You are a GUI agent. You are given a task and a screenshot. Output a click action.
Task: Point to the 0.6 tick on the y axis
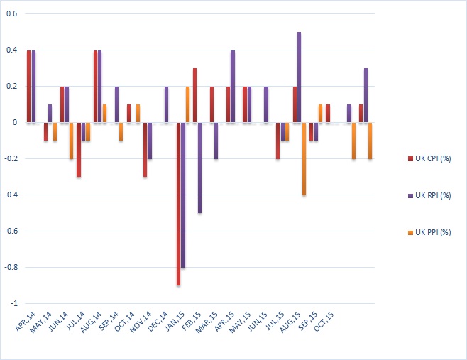click(13, 14)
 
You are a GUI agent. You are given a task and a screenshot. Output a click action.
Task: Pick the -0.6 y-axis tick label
click(11, 231)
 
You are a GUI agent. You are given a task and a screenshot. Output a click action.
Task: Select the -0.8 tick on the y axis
click(11, 267)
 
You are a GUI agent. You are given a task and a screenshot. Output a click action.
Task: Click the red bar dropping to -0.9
click(178, 204)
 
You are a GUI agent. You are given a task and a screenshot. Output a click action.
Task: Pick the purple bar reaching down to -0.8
click(183, 195)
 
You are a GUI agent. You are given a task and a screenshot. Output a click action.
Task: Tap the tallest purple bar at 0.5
click(300, 77)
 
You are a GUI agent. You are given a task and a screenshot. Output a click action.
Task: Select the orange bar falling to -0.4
click(304, 158)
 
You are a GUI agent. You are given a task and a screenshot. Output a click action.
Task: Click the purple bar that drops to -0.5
click(199, 168)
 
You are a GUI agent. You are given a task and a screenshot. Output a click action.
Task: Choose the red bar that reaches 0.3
click(194, 95)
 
